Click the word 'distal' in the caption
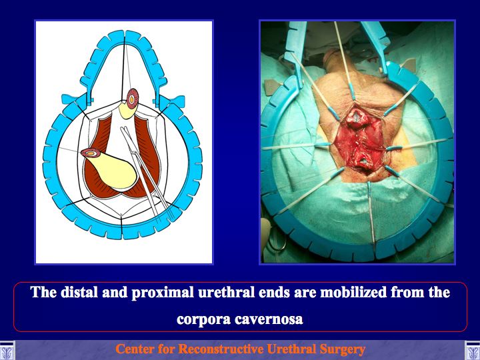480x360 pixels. (78, 293)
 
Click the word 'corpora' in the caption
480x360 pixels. (203, 319)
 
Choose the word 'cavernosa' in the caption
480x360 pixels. (269, 319)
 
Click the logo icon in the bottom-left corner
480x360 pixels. (7, 350)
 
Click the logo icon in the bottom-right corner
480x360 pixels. (473, 350)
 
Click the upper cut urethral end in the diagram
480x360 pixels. (132, 99)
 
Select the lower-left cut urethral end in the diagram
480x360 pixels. (91, 153)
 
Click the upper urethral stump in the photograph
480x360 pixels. (357, 119)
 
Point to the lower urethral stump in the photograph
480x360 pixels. (364, 163)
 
